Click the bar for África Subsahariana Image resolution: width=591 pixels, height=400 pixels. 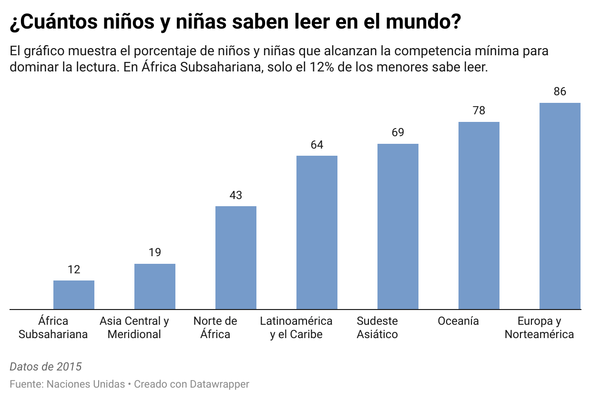74,295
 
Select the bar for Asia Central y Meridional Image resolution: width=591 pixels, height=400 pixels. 155,286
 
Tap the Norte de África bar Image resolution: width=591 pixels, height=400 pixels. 236,258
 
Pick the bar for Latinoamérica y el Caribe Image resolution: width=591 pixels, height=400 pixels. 317,232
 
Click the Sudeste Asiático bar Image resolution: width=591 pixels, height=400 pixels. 398,227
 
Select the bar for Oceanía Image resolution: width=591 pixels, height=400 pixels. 479,216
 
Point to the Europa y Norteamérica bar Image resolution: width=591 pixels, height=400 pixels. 560,206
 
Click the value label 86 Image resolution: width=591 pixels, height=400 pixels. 560,91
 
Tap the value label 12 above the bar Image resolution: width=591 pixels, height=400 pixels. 74,270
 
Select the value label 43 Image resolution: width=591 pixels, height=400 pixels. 236,195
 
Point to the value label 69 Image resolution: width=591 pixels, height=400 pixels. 398,132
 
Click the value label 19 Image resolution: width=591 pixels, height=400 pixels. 155,252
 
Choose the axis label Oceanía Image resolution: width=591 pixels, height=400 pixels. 459,321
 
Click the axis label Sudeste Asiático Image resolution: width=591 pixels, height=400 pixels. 377,328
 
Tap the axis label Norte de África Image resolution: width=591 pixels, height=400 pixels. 215,328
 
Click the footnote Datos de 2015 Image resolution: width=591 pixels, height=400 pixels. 46,367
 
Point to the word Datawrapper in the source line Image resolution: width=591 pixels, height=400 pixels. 219,384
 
